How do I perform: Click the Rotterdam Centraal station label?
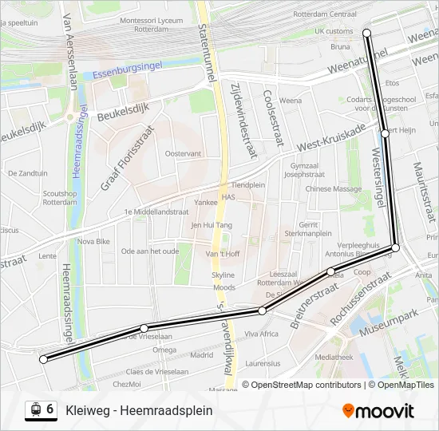click(324, 14)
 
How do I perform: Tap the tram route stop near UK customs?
click(367, 33)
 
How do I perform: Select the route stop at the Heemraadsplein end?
click(43, 359)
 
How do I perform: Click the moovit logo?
click(378, 411)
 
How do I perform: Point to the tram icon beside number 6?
click(34, 410)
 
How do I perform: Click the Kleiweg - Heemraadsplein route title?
click(139, 410)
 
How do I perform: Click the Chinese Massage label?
click(334, 189)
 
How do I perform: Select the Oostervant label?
click(183, 153)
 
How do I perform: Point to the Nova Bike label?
click(93, 240)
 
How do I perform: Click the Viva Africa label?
click(261, 334)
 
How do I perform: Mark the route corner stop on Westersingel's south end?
click(395, 248)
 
